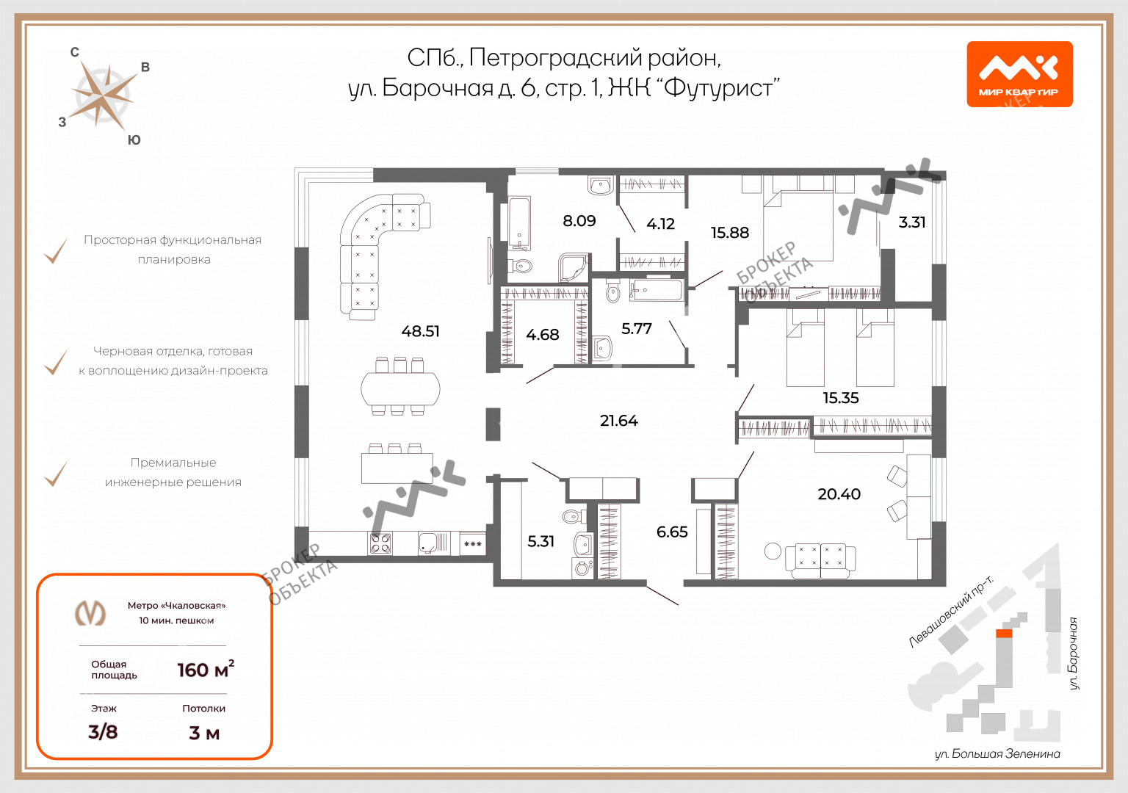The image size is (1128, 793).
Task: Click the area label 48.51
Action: coord(420,331)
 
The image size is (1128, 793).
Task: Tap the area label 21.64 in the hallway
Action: coord(619,421)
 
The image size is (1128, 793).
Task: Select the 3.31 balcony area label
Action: coord(912,222)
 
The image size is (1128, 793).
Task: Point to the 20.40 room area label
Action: coord(839,494)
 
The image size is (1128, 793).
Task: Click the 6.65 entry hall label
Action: coord(672,532)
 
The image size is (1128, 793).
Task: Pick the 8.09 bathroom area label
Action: coord(579,220)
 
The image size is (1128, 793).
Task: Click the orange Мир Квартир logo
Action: coord(1020,74)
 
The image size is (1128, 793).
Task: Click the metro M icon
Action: coord(90,613)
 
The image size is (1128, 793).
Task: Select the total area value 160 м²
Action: coord(206,669)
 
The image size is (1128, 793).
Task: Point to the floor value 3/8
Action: coord(103,731)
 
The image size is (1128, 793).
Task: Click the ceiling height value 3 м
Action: coord(204,733)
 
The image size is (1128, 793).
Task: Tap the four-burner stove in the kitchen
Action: coord(380,544)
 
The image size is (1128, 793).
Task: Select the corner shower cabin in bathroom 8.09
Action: coord(574,267)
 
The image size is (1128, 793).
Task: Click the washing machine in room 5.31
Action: coord(582,568)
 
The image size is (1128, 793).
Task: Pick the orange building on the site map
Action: coord(1004,634)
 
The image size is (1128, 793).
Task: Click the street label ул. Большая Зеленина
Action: coord(997,754)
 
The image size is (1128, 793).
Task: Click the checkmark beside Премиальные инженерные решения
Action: coord(56,474)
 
